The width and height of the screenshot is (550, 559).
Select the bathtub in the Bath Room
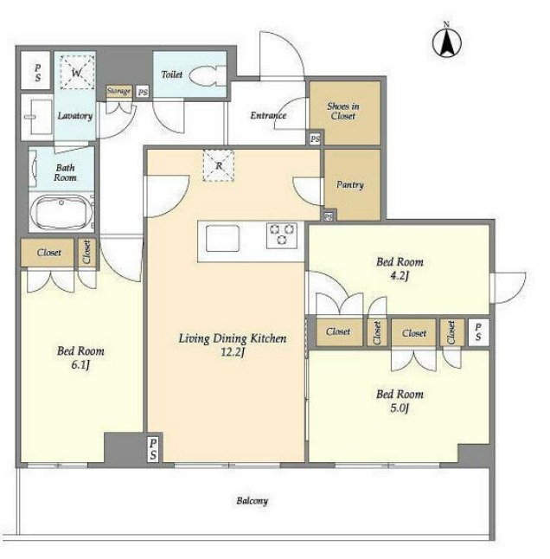pos(61,213)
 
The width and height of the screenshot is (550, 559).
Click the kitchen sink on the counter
pos(222,238)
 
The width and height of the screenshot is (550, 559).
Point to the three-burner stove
pos(282,235)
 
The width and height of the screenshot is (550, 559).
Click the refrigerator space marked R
pos(219,165)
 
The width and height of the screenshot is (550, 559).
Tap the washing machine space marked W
pos(77,73)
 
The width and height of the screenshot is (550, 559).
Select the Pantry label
pos(350,184)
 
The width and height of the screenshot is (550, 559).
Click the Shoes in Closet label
pos(343,112)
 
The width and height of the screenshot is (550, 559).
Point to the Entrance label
pos(268,115)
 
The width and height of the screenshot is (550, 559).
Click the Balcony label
pos(253,501)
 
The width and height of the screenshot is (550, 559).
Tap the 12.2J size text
pos(233,352)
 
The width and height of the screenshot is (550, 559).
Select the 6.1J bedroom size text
pos(80,365)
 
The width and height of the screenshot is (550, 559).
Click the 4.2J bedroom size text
pos(399,276)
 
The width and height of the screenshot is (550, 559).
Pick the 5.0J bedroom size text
pos(400,408)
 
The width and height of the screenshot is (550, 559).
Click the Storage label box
pos(119,91)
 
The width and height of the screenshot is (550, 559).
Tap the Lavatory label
pos(75,116)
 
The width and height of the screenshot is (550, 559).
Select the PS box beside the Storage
pos(143,93)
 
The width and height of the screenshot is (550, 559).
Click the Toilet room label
pos(172,74)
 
